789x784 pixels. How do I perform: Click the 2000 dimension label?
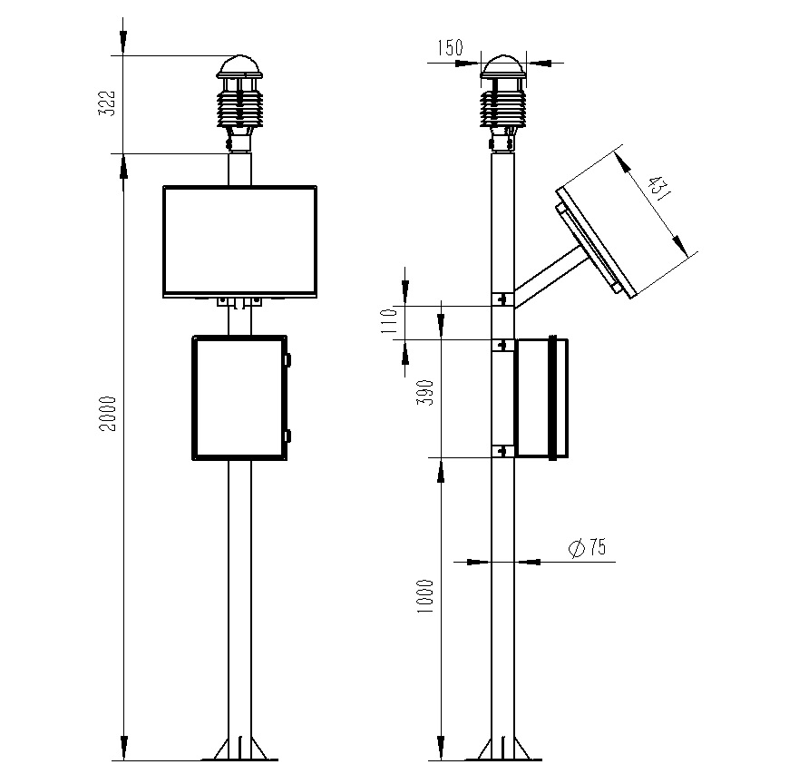point(108,414)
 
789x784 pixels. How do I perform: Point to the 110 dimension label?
point(391,323)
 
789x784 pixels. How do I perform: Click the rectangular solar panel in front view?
point(240,240)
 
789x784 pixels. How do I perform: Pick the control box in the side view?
point(542,397)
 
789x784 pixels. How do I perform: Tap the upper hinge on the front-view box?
point(289,358)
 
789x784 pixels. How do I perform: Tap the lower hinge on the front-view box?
point(289,436)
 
